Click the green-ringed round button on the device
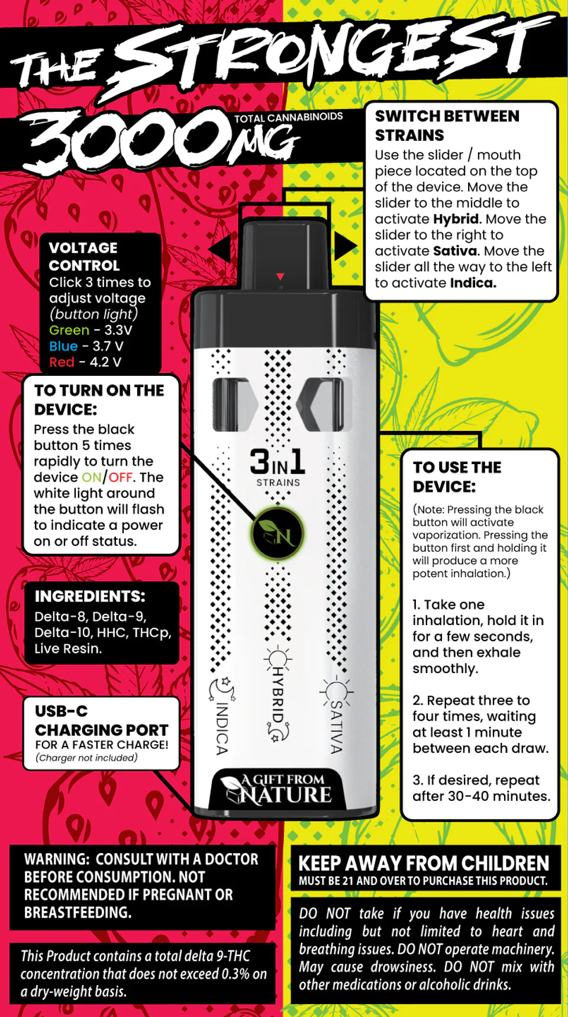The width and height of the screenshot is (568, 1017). tap(277, 534)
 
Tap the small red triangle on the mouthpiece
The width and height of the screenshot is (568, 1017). tap(280, 276)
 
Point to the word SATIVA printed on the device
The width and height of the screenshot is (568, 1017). tap(336, 727)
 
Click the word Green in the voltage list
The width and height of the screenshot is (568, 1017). tap(69, 330)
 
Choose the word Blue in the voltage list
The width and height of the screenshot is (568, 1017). tap(63, 346)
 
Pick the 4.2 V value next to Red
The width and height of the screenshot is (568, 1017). tap(105, 362)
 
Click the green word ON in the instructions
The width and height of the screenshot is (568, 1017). tap(92, 477)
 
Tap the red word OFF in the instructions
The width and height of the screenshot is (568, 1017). tap(120, 477)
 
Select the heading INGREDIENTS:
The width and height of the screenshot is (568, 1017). tap(90, 596)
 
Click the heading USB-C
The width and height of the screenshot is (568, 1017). tap(61, 711)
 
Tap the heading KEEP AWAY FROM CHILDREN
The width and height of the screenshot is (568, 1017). tap(424, 863)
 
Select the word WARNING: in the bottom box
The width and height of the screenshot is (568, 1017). tap(57, 859)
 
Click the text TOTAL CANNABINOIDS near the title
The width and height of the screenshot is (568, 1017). tap(288, 117)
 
